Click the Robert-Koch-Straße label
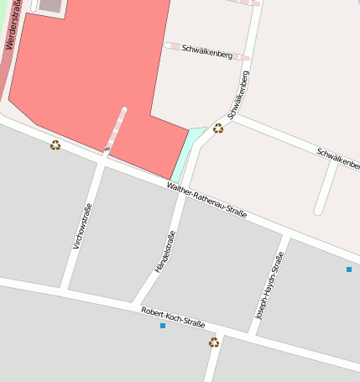tap(173, 317)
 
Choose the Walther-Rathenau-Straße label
tap(206, 201)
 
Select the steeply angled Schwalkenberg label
tap(238, 95)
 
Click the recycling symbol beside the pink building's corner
tap(55, 145)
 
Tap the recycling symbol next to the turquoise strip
tap(218, 128)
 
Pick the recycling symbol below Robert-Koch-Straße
tap(214, 342)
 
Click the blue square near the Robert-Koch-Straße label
tap(163, 326)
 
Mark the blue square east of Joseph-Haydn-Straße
tap(348, 269)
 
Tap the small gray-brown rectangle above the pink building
tap(50, 5)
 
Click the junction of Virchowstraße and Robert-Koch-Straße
tap(65, 290)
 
